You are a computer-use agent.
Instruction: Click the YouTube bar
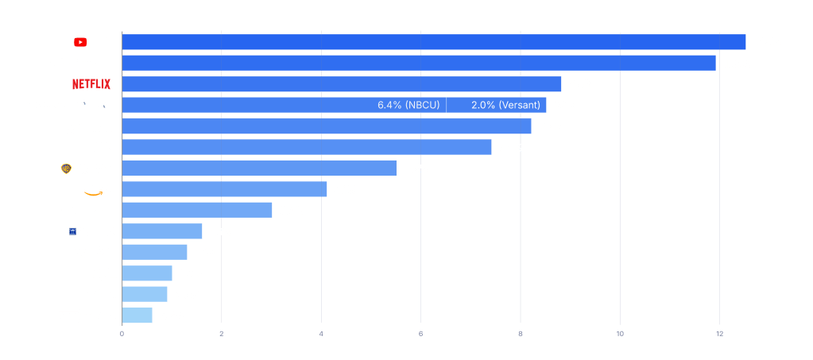(x=434, y=42)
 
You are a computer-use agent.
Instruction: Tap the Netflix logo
(x=91, y=83)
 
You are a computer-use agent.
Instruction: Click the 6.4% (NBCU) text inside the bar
(x=408, y=105)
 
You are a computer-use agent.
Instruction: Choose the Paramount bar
(x=327, y=126)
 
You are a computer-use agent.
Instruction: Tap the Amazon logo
(x=97, y=189)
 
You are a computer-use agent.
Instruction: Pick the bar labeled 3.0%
(x=197, y=210)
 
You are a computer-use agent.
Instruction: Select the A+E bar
(x=147, y=273)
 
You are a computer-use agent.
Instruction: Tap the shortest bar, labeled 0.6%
(x=137, y=315)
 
